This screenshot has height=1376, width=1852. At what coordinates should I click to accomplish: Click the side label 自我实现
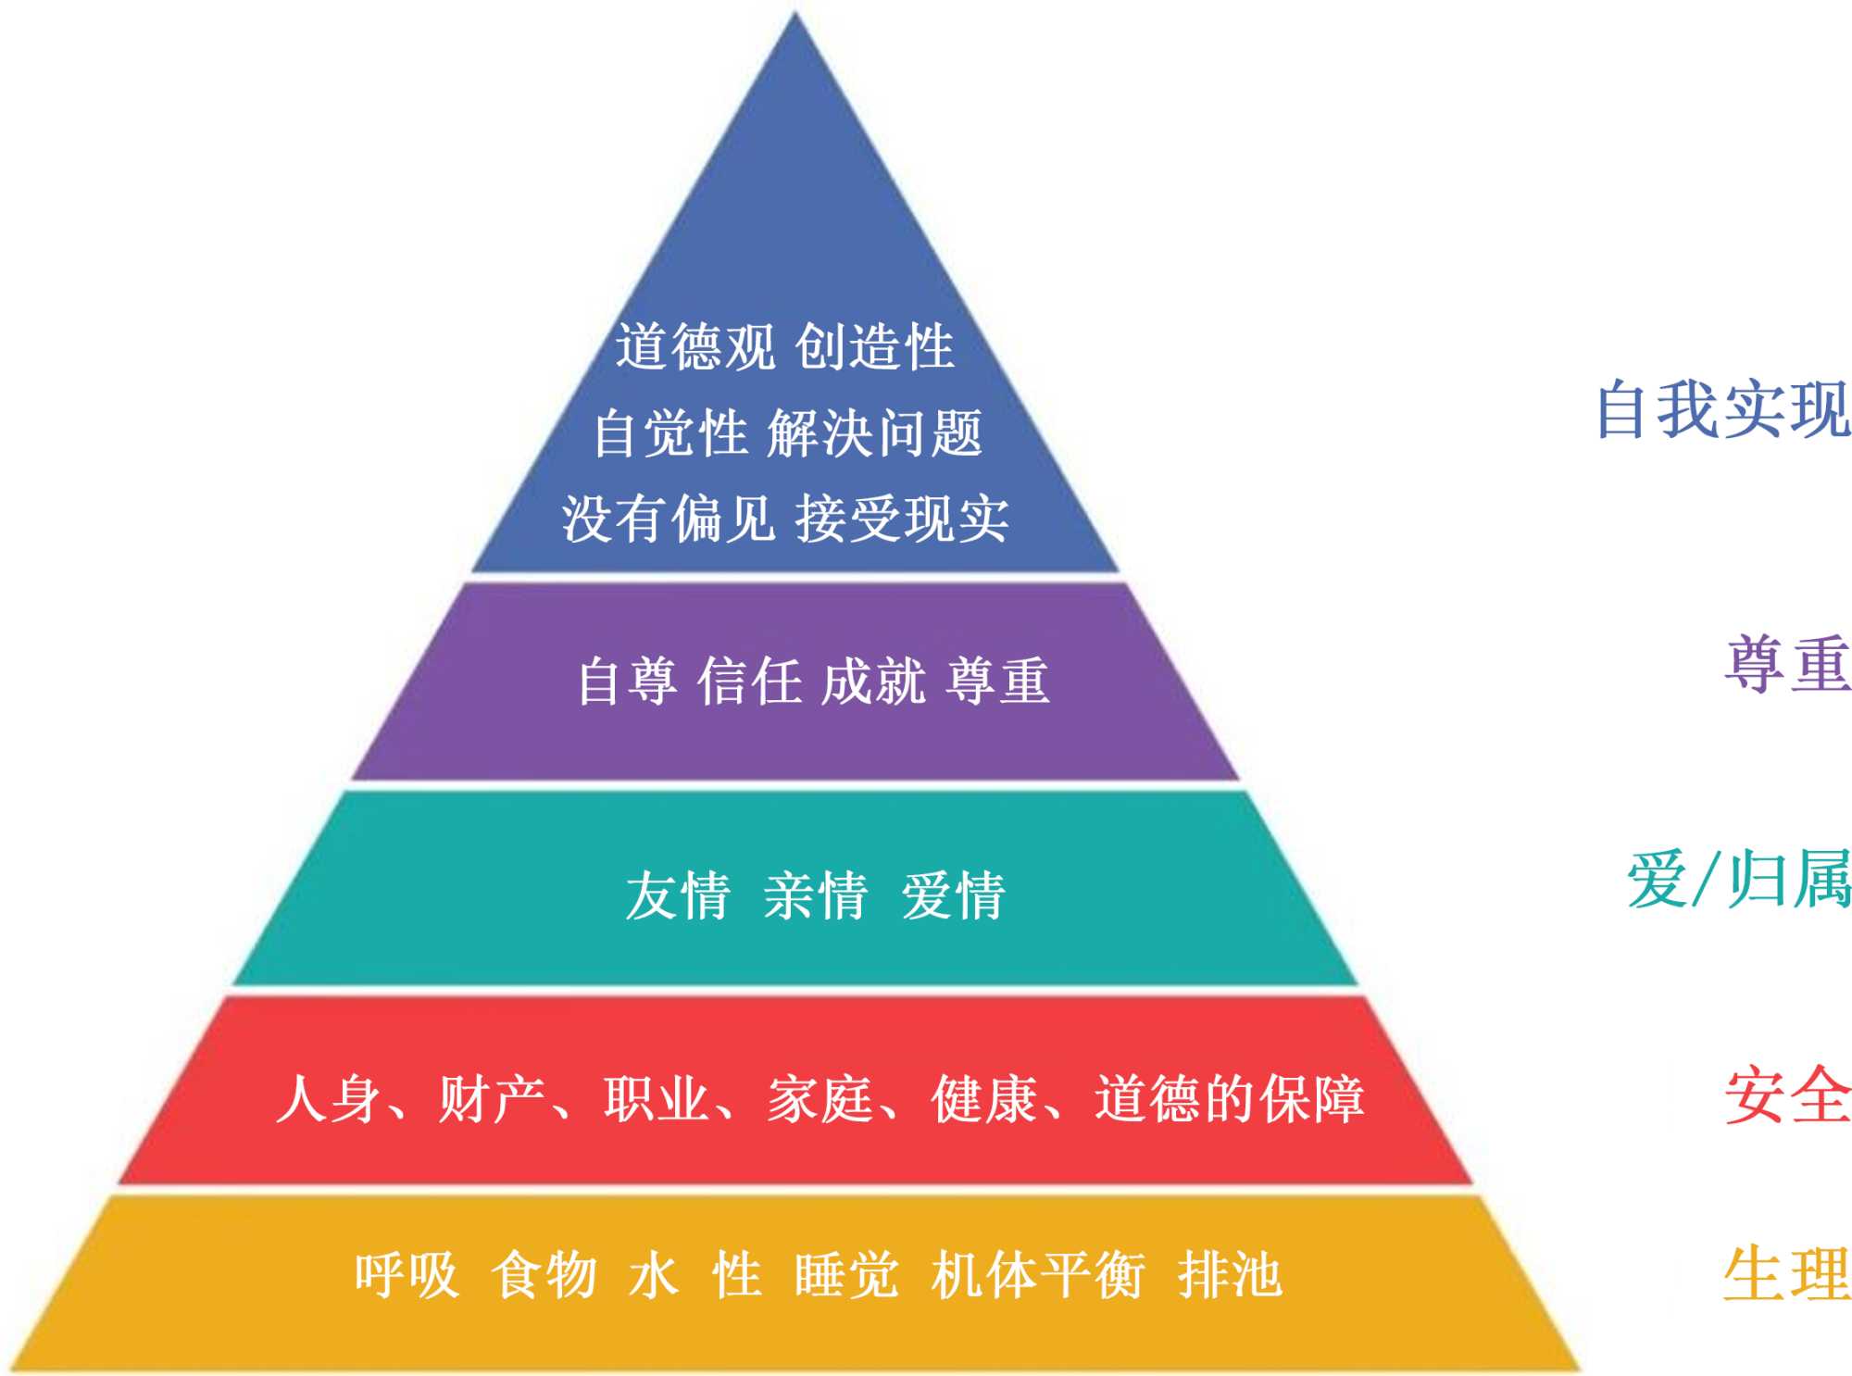click(x=1722, y=408)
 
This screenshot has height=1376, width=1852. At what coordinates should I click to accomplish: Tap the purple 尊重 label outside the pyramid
click(x=1787, y=663)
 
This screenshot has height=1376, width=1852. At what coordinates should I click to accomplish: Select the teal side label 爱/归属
click(x=1739, y=879)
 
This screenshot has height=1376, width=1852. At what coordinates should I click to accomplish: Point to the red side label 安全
click(x=1787, y=1095)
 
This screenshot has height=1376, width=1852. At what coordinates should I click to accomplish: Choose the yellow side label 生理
click(x=1787, y=1274)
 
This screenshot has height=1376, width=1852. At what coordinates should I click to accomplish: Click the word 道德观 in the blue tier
click(x=695, y=347)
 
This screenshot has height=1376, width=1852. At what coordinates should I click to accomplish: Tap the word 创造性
click(x=874, y=347)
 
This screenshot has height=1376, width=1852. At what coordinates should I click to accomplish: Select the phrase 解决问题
click(x=874, y=432)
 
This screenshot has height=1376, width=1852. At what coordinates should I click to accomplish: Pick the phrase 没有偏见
click(x=669, y=518)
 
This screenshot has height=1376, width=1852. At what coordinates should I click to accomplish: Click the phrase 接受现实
click(x=902, y=518)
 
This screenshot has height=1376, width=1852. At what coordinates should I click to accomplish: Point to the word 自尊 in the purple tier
click(x=627, y=681)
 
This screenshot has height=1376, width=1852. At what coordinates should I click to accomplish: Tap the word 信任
click(x=750, y=681)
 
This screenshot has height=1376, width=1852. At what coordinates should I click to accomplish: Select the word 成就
click(x=873, y=681)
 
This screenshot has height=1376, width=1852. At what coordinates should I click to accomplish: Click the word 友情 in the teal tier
click(x=678, y=895)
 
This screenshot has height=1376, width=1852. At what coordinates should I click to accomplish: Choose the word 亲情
click(x=815, y=895)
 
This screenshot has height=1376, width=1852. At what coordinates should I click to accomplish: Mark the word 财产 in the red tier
click(x=491, y=1099)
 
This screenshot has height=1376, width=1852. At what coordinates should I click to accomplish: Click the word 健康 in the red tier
click(x=983, y=1099)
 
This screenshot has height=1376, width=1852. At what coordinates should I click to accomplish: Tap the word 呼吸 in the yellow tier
click(x=407, y=1275)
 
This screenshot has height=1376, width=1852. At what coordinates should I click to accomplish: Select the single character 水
click(x=654, y=1275)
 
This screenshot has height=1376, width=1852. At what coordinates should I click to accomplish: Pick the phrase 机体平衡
click(x=1038, y=1275)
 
